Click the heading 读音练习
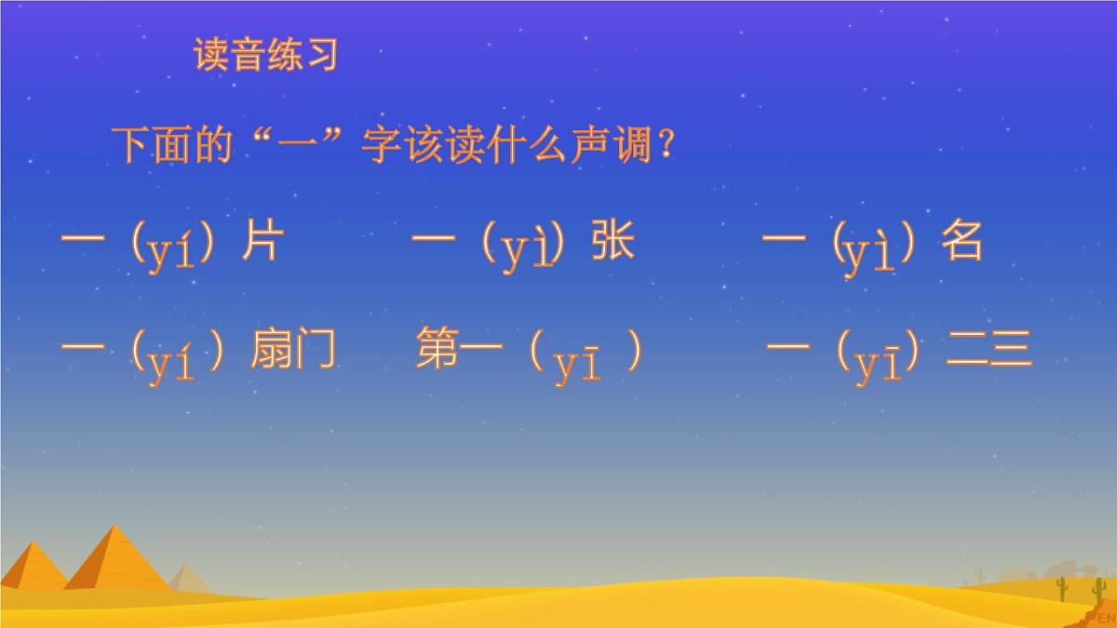pos(265,55)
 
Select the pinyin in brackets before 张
pos(525,249)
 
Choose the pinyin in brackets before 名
pos(869,251)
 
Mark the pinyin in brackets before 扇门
pos(171,363)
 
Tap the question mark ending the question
pos(665,147)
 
